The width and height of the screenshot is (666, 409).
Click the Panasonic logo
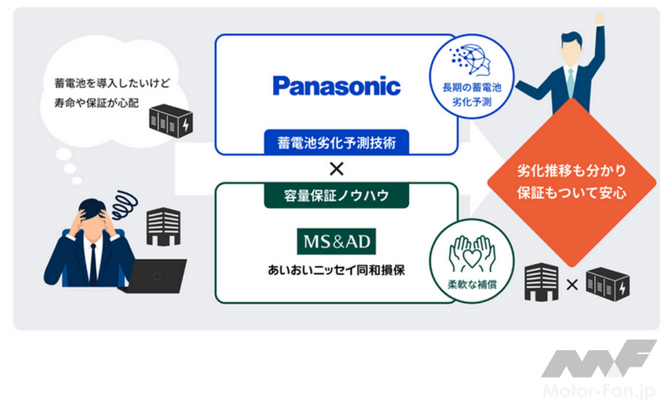pos(336,85)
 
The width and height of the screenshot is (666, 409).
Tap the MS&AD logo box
pos(336,237)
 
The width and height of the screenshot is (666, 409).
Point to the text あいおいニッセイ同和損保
pos(336,270)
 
